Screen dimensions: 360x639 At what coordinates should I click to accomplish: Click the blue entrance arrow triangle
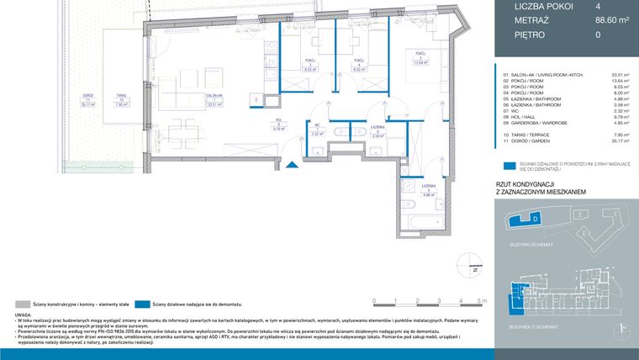point(290,164)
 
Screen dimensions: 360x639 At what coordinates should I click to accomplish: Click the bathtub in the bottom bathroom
point(415,220)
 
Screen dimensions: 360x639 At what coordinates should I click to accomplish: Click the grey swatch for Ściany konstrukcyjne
point(21,302)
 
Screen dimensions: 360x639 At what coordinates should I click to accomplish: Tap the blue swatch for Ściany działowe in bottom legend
point(139,302)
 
